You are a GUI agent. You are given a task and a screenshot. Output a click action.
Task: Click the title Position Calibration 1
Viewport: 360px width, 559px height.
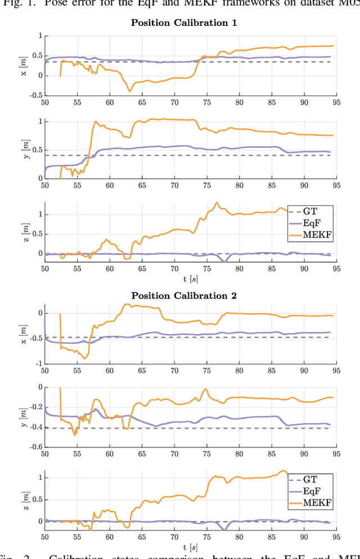coord(184,23)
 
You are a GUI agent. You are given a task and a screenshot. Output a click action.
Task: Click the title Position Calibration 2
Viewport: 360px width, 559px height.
coord(184,295)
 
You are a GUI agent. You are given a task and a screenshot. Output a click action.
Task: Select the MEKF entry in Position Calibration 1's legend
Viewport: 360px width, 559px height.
coord(317,235)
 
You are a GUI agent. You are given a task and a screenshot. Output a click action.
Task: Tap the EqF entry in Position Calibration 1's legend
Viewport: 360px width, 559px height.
coord(314,223)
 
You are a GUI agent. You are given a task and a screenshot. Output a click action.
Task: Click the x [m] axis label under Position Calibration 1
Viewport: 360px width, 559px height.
coord(24,65)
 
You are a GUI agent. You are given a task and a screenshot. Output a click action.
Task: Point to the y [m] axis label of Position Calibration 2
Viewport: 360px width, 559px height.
coord(24,417)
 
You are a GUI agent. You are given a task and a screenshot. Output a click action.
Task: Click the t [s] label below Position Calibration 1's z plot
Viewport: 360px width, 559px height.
coord(190,278)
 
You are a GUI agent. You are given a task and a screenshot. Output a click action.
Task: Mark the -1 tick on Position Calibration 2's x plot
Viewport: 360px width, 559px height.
coord(38,364)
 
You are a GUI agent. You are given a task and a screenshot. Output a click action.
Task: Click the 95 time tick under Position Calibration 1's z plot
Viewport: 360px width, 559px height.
coord(336,268)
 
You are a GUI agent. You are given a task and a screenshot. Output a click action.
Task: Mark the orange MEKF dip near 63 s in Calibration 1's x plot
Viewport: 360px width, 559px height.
coord(130,91)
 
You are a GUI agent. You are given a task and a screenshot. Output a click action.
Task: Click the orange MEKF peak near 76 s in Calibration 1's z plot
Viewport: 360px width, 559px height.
coord(217,202)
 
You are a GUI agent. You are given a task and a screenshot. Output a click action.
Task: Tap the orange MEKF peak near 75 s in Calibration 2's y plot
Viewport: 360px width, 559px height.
coord(206,389)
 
